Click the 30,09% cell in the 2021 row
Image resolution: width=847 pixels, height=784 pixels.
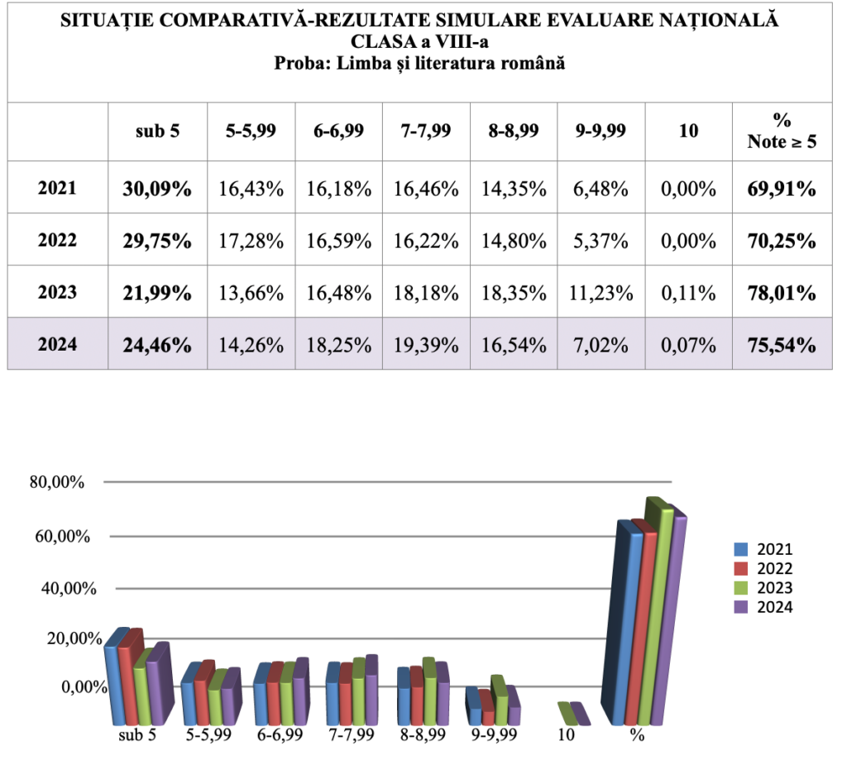(x=157, y=189)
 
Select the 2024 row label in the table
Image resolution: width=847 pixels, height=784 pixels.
(x=57, y=343)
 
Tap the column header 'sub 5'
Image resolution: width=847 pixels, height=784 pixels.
(x=157, y=131)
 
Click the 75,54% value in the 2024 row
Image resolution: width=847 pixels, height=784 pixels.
(x=782, y=343)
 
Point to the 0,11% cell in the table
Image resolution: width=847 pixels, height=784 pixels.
(x=688, y=292)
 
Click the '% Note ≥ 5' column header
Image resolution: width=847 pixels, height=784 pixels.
(x=782, y=131)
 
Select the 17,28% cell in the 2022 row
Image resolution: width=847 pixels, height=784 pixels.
(x=251, y=241)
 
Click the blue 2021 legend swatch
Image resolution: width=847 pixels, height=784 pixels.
(x=741, y=549)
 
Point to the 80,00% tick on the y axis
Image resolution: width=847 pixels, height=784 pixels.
(x=56, y=482)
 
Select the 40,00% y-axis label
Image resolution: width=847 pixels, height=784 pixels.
(x=56, y=588)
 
